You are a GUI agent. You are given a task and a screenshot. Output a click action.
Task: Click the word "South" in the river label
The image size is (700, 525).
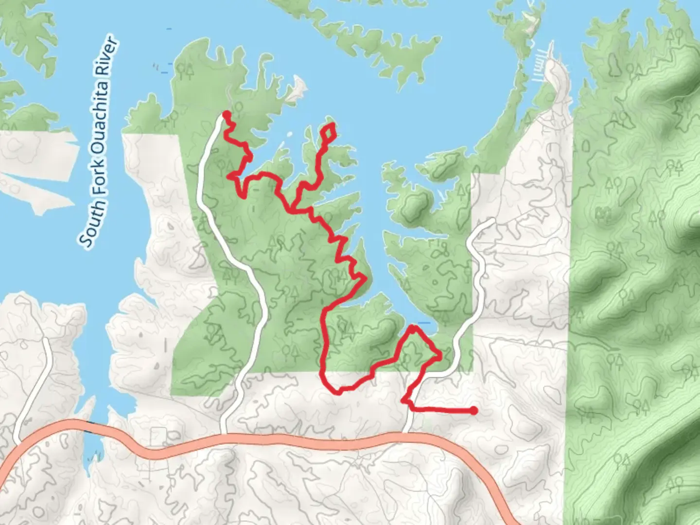[92, 223]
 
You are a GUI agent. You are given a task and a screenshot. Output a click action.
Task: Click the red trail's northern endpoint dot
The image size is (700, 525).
[226, 114]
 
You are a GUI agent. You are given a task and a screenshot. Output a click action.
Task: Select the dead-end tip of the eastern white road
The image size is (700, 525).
[492, 221]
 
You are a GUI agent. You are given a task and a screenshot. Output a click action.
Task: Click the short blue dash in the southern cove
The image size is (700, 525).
[424, 323]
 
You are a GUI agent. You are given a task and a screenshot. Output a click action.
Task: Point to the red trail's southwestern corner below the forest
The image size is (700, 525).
[335, 390]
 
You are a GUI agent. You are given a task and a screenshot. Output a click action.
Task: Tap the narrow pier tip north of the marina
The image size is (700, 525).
[551, 44]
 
